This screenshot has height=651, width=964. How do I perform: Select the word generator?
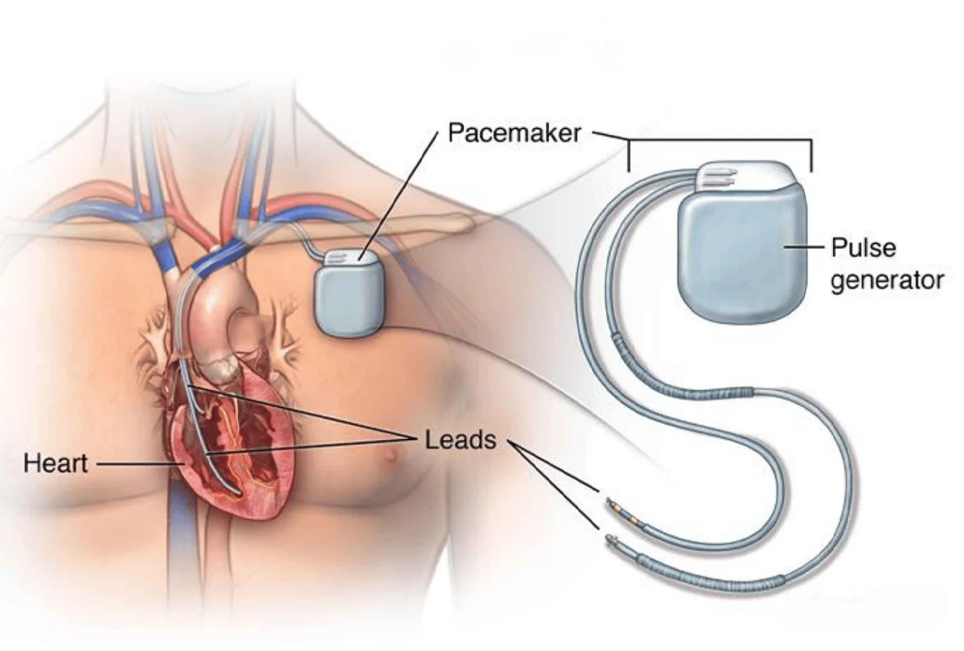pos(886,280)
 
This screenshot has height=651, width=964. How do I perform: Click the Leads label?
pos(460,440)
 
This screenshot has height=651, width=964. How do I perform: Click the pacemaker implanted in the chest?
pos(348,294)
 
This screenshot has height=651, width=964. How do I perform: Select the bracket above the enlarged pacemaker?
pos(720,141)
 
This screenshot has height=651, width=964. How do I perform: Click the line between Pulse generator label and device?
pos(804,249)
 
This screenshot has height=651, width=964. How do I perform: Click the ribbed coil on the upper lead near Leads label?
pos(715,392)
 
